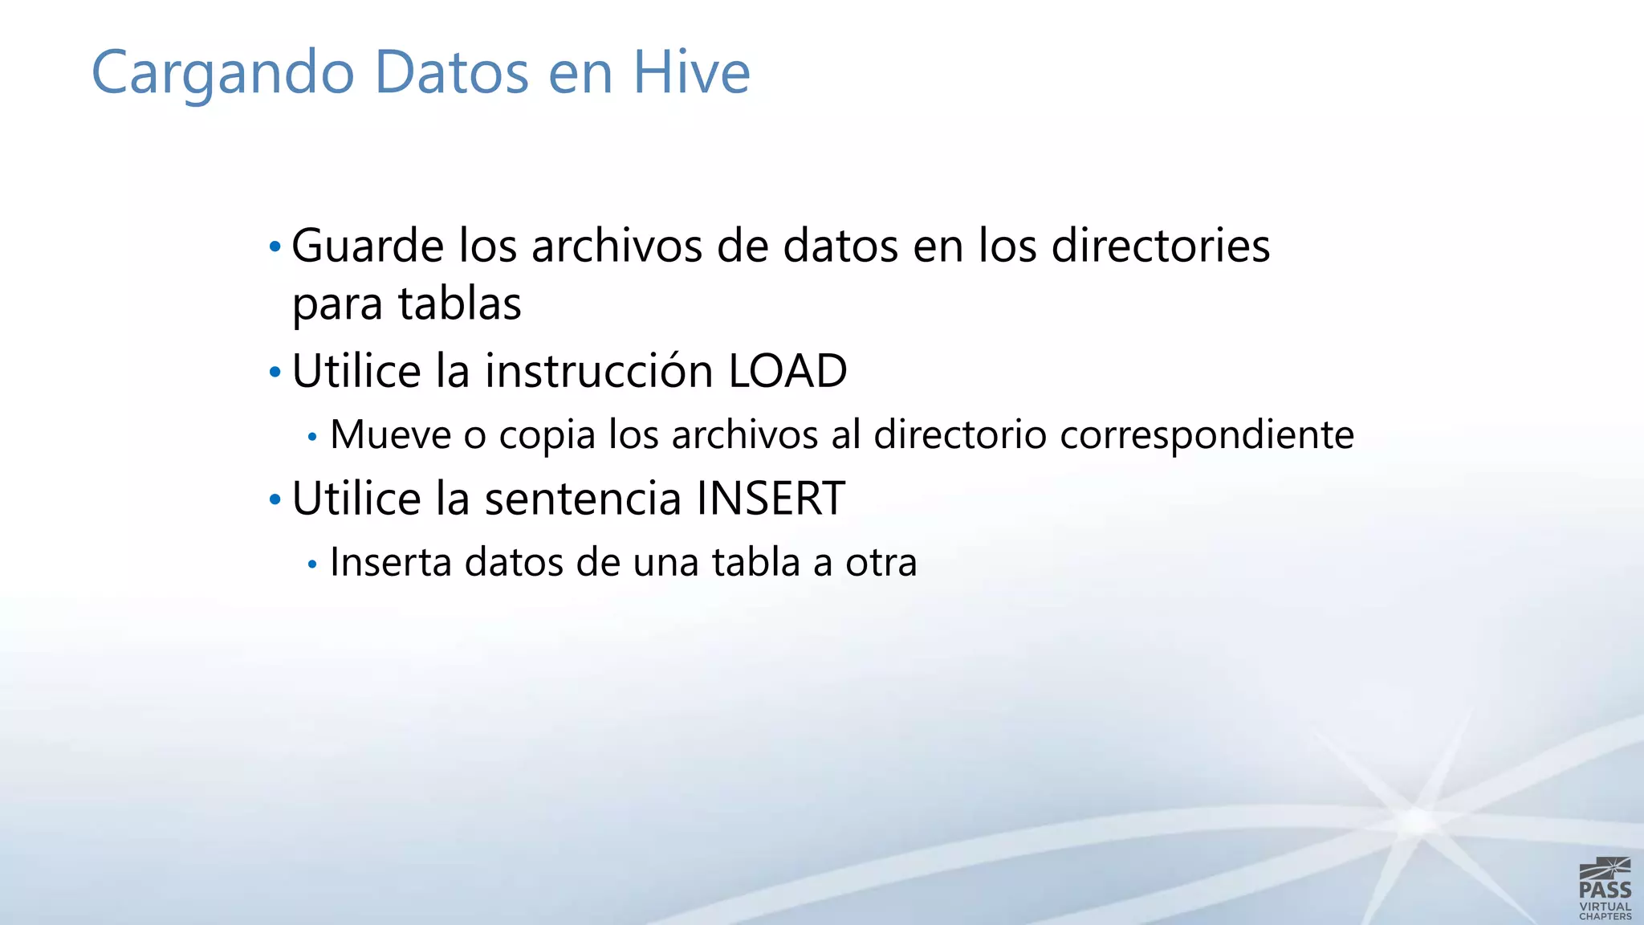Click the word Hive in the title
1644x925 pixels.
tap(691, 72)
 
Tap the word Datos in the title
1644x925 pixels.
tap(451, 72)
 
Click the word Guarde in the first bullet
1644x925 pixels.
tap(367, 246)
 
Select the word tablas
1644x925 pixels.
tap(460, 304)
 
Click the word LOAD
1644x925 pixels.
tap(787, 371)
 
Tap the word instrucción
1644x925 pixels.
tap(600, 371)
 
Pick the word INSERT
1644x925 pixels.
tap(771, 499)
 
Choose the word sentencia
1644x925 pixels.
tap(584, 499)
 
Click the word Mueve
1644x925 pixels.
tap(391, 435)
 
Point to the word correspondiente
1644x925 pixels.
tap(1207, 436)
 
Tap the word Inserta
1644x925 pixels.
tap(391, 562)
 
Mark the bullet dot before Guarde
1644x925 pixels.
tap(275, 246)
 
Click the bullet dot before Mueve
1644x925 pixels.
tap(313, 438)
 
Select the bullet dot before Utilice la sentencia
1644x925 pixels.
tap(275, 499)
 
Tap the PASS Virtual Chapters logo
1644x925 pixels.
tap(1605, 888)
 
